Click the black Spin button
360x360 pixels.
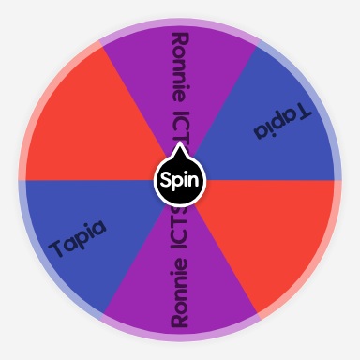click(179, 179)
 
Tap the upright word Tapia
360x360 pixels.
click(80, 238)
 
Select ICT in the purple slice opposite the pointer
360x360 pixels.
click(179, 234)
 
